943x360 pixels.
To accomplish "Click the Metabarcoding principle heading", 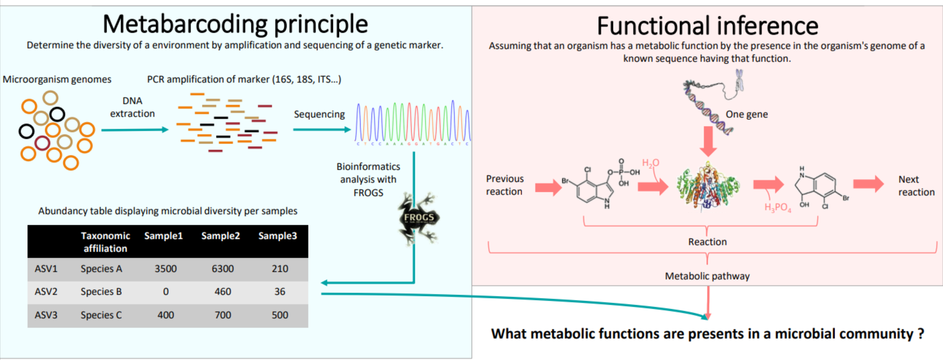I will (x=235, y=24).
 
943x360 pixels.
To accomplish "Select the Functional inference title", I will (x=707, y=26).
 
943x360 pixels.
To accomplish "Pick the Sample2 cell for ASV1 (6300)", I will (x=223, y=269).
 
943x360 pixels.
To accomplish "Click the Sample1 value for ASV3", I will (x=166, y=315).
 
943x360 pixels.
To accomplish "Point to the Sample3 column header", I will (x=277, y=236).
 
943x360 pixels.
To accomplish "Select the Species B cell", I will (x=101, y=291).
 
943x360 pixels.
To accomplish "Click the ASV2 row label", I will (x=46, y=291).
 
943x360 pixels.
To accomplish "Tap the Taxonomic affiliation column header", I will (x=105, y=242).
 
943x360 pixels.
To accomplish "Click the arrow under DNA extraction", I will (x=135, y=130).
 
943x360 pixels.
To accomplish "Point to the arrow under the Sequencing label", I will (x=322, y=129).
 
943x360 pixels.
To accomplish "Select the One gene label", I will (x=747, y=114).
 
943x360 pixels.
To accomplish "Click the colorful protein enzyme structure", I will (x=708, y=187).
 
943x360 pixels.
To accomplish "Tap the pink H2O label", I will (x=650, y=163).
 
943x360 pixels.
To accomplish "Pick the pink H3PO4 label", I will (x=777, y=208).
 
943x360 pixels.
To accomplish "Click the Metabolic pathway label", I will (x=707, y=276).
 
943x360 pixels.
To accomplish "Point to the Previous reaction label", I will (x=505, y=185).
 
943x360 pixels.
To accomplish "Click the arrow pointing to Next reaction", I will (x=868, y=184).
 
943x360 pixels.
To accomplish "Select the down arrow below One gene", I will (x=708, y=141).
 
